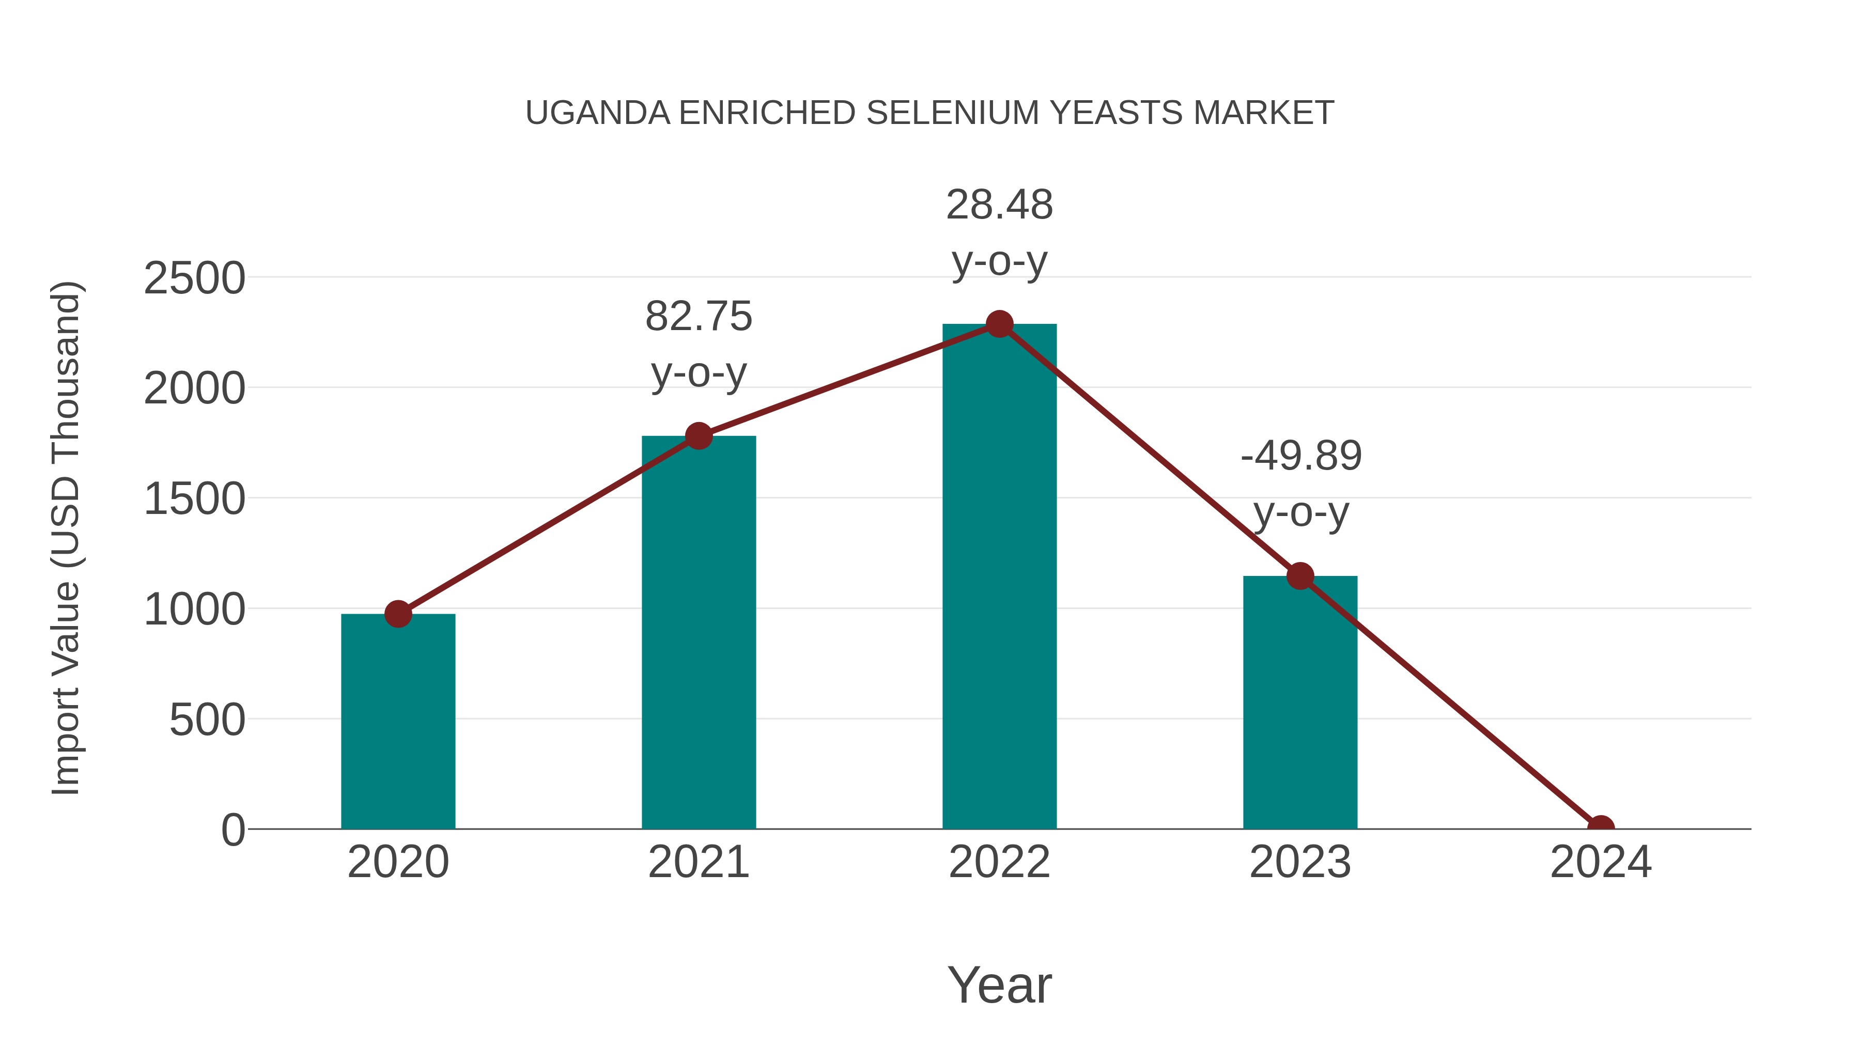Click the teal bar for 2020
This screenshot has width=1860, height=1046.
coord(398,722)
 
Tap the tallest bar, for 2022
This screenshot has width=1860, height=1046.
coord(999,577)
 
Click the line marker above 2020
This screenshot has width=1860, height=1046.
coord(398,614)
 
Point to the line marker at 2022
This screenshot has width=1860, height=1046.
coord(999,324)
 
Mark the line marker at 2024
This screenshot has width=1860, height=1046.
coord(1600,828)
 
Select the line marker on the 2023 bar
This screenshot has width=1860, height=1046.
coord(1300,576)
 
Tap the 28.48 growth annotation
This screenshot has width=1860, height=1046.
coord(999,232)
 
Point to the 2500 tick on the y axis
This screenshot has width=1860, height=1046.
coord(195,278)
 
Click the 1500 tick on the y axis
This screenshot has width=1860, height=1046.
coord(195,499)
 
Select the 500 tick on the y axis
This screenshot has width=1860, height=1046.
coord(207,721)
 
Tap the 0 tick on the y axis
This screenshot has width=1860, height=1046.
coord(233,830)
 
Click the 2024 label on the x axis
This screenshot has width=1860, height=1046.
coord(1600,862)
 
